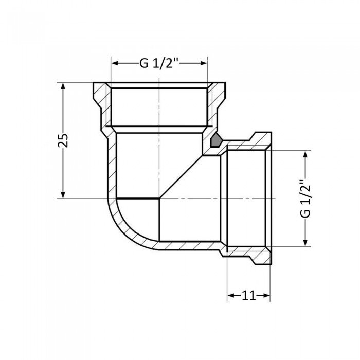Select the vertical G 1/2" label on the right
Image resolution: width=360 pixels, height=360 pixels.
tap(307, 198)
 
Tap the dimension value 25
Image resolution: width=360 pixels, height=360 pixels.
tap(63, 140)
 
